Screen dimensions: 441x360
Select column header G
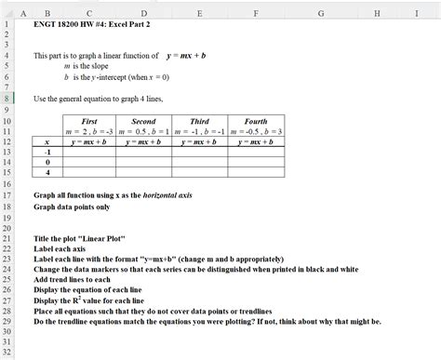tap(320, 12)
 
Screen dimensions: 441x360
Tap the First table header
tap(89, 121)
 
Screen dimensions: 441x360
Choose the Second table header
tap(143, 121)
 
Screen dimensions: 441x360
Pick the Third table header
tap(199, 121)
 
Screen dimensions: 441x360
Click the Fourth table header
tap(255, 121)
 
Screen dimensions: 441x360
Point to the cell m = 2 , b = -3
tap(89, 131)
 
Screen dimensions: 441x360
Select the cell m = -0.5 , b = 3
tap(255, 131)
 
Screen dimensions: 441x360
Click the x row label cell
tap(47, 141)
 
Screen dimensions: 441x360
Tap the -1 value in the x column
tap(47, 152)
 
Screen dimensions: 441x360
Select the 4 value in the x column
tap(47, 173)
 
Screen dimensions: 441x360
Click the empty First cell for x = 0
tap(89, 163)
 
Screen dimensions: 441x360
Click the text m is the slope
tap(87, 67)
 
